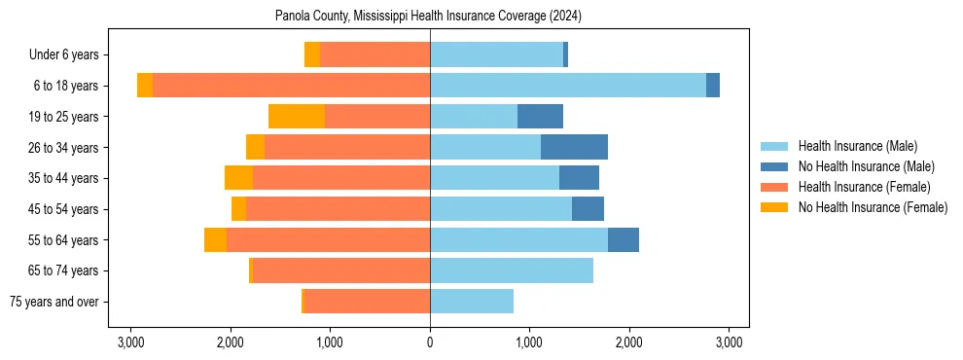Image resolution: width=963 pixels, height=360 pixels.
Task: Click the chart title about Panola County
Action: pyautogui.click(x=428, y=17)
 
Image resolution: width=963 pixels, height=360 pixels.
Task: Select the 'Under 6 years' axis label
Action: pyautogui.click(x=69, y=54)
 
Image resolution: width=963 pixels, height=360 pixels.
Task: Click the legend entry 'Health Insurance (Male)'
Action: pyautogui.click(x=857, y=147)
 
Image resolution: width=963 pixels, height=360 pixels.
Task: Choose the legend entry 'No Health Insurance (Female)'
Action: pyautogui.click(x=873, y=207)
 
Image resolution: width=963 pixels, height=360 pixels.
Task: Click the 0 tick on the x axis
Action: pyautogui.click(x=430, y=342)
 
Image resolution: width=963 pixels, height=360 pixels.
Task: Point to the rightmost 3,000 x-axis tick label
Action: pyautogui.click(x=730, y=342)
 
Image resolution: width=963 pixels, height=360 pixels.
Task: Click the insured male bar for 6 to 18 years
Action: pyautogui.click(x=568, y=86)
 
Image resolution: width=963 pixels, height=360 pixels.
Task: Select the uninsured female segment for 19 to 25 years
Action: pyautogui.click(x=297, y=117)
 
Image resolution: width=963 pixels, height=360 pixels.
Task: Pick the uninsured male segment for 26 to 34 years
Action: pyautogui.click(x=574, y=147)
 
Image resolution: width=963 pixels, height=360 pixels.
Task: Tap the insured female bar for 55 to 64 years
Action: pyautogui.click(x=328, y=240)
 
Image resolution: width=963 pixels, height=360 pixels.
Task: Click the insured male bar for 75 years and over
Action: pyautogui.click(x=472, y=302)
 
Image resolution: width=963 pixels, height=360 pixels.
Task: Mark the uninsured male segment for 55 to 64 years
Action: pyautogui.click(x=624, y=240)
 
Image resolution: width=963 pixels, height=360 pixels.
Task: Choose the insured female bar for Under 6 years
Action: pyautogui.click(x=374, y=54)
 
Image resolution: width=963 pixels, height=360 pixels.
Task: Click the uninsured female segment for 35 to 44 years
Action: pyautogui.click(x=238, y=178)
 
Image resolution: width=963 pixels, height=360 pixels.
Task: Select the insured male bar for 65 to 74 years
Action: pyautogui.click(x=512, y=270)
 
